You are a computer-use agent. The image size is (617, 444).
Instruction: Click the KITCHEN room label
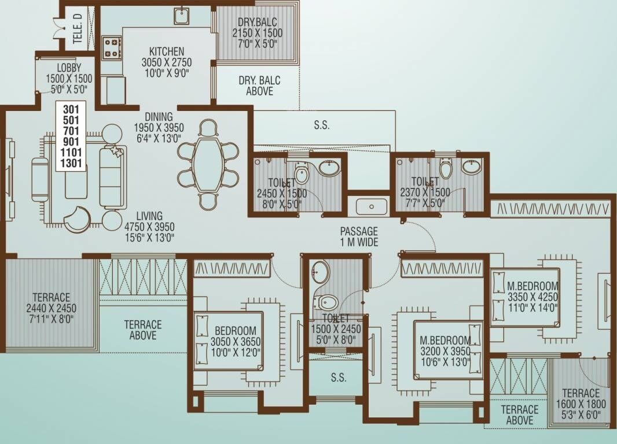point(167,51)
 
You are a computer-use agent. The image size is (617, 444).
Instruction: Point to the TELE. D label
point(78,28)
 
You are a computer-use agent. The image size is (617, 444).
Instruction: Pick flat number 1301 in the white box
point(70,162)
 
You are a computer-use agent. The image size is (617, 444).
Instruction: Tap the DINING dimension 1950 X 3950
point(159,127)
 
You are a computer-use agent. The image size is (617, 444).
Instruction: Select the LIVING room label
point(149,216)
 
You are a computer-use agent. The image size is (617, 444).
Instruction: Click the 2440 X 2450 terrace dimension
point(51,308)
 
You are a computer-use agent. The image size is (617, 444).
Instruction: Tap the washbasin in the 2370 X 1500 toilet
point(471,167)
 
